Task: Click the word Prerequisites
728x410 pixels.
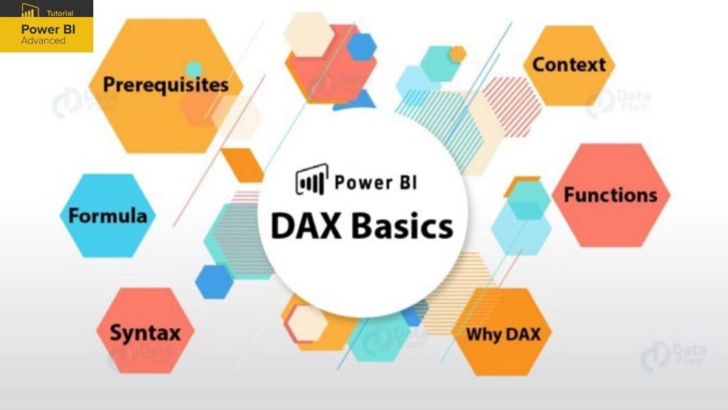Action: pos(166,85)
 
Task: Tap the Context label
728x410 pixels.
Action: pos(569,65)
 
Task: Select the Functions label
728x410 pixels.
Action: pos(610,195)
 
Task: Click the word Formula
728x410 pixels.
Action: pos(108,216)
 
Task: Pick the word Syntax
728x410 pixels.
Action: pos(145,332)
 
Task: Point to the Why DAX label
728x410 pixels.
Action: pos(503,333)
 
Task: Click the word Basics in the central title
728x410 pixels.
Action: pos(402,226)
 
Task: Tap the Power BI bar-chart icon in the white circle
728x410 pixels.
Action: pos(311,180)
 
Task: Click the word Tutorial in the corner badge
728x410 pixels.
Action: pos(60,13)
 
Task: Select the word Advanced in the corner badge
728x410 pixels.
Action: pos(43,41)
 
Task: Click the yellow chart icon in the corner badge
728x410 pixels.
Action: pos(30,11)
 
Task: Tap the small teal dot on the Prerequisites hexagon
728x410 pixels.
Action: pos(193,68)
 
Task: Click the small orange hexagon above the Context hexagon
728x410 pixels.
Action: pos(457,53)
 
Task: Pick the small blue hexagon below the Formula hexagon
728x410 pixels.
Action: pos(214,282)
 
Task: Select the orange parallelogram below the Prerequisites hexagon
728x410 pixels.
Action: pos(242,164)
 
